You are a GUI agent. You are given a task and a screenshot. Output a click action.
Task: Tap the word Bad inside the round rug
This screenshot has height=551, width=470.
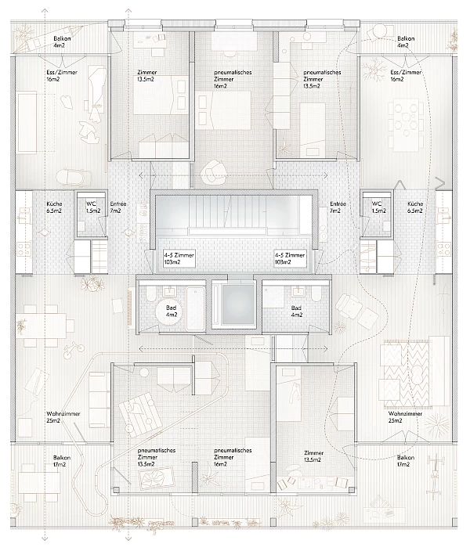coord(171,308)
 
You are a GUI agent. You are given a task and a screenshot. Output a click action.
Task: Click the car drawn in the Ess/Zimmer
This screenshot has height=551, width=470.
coord(74,177)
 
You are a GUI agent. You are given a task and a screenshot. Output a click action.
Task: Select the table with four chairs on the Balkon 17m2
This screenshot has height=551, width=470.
coord(39,483)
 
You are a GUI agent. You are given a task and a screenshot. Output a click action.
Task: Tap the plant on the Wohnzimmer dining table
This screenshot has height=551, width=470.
coord(21,326)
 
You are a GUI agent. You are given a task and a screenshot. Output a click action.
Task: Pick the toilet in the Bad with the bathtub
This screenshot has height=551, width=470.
coord(150,294)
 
